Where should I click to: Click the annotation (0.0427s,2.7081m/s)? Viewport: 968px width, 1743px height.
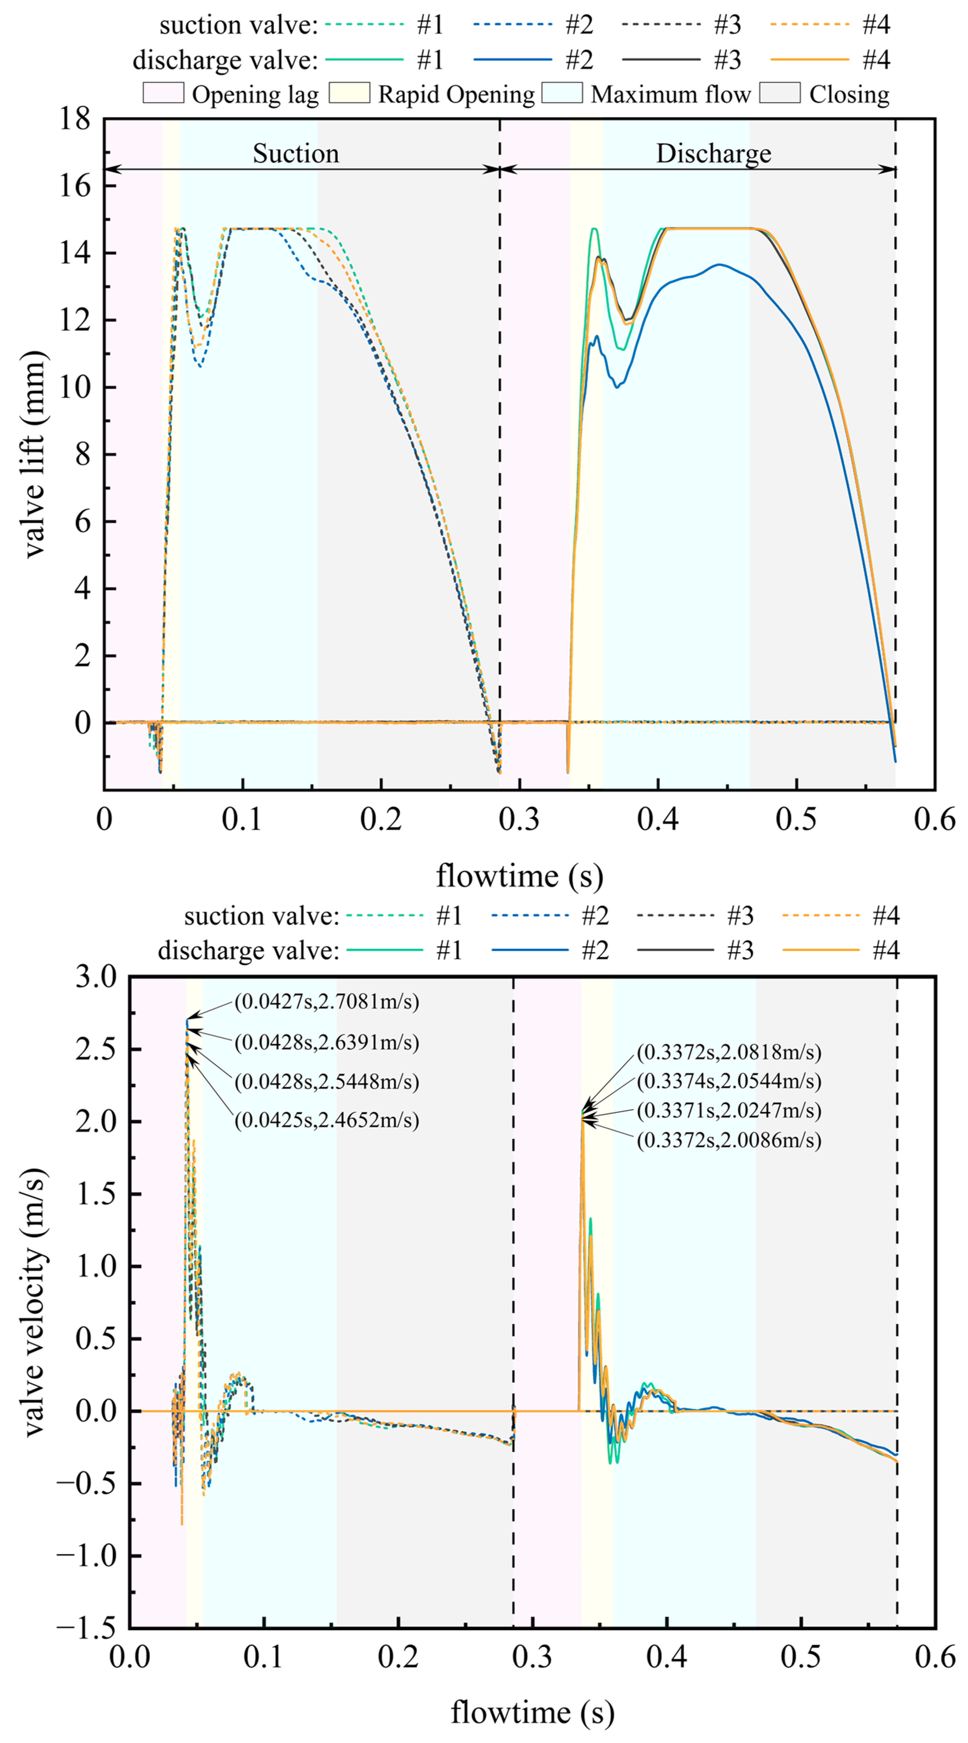coord(326,1002)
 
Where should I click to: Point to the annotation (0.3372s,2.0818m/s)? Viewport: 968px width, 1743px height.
coord(728,1052)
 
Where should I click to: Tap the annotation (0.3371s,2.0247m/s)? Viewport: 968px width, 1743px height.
coord(728,1110)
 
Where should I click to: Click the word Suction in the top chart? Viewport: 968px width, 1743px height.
coord(296,154)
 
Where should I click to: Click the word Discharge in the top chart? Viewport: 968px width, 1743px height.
coord(714,154)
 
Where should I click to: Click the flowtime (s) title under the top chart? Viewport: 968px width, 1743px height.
coord(519,876)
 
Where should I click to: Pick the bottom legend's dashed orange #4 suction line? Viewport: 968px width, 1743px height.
coord(820,916)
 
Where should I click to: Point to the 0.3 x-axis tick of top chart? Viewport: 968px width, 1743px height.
coord(519,819)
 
